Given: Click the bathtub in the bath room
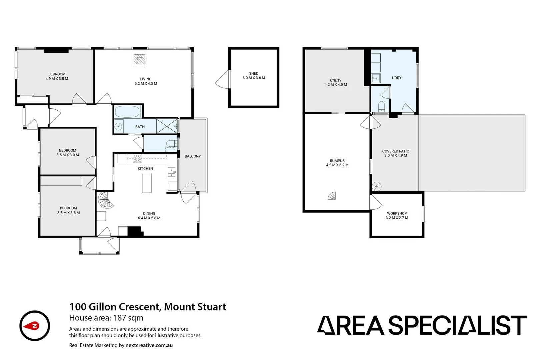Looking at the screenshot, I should [x=127, y=112].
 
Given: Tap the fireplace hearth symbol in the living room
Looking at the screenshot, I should [x=139, y=59].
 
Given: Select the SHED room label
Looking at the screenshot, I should [x=254, y=73].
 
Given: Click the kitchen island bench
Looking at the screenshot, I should [x=147, y=183].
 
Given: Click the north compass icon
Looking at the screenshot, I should [x=35, y=326].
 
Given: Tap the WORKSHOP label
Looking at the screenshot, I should [x=397, y=213].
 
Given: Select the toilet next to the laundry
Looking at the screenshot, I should [x=382, y=107].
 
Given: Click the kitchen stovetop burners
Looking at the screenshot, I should [x=138, y=158].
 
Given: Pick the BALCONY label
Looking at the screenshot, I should [x=193, y=156].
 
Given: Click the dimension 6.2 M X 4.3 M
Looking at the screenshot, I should [x=146, y=84].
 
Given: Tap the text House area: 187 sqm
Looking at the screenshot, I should [x=106, y=318].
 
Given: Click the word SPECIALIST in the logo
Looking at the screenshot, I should [x=458, y=325].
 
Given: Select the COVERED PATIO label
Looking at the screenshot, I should [x=396, y=151].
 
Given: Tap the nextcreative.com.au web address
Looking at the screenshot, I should [x=149, y=345].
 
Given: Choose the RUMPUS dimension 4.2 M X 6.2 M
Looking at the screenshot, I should [x=337, y=165].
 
